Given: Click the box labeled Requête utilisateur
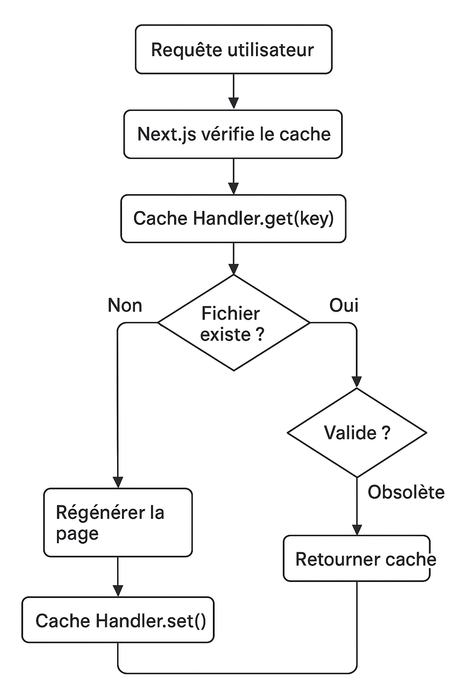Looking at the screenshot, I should coord(233,49).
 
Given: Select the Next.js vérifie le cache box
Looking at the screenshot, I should coord(233,134).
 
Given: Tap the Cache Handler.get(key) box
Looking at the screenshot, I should coord(233,218).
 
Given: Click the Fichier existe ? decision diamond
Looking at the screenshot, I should coord(233,323).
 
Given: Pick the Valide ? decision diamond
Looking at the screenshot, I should coord(357,432).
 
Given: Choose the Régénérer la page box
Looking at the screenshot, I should coord(118,522).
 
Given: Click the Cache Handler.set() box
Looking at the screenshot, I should coord(118,620).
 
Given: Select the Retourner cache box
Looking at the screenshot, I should coord(357,558).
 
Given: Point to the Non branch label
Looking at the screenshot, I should coord(125,305).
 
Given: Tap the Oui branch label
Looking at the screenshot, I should coord(344,305).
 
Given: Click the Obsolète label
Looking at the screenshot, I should coord(406,492).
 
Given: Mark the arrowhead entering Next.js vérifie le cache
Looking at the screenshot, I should coord(233,103).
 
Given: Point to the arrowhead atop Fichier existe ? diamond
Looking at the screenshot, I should coord(233,269).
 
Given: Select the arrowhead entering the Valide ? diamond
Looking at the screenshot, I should coord(357,382).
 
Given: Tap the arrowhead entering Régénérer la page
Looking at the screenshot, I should coord(118,482).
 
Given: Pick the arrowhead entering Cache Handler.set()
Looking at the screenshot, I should coord(118,590).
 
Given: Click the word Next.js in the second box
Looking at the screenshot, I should coord(167,134).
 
